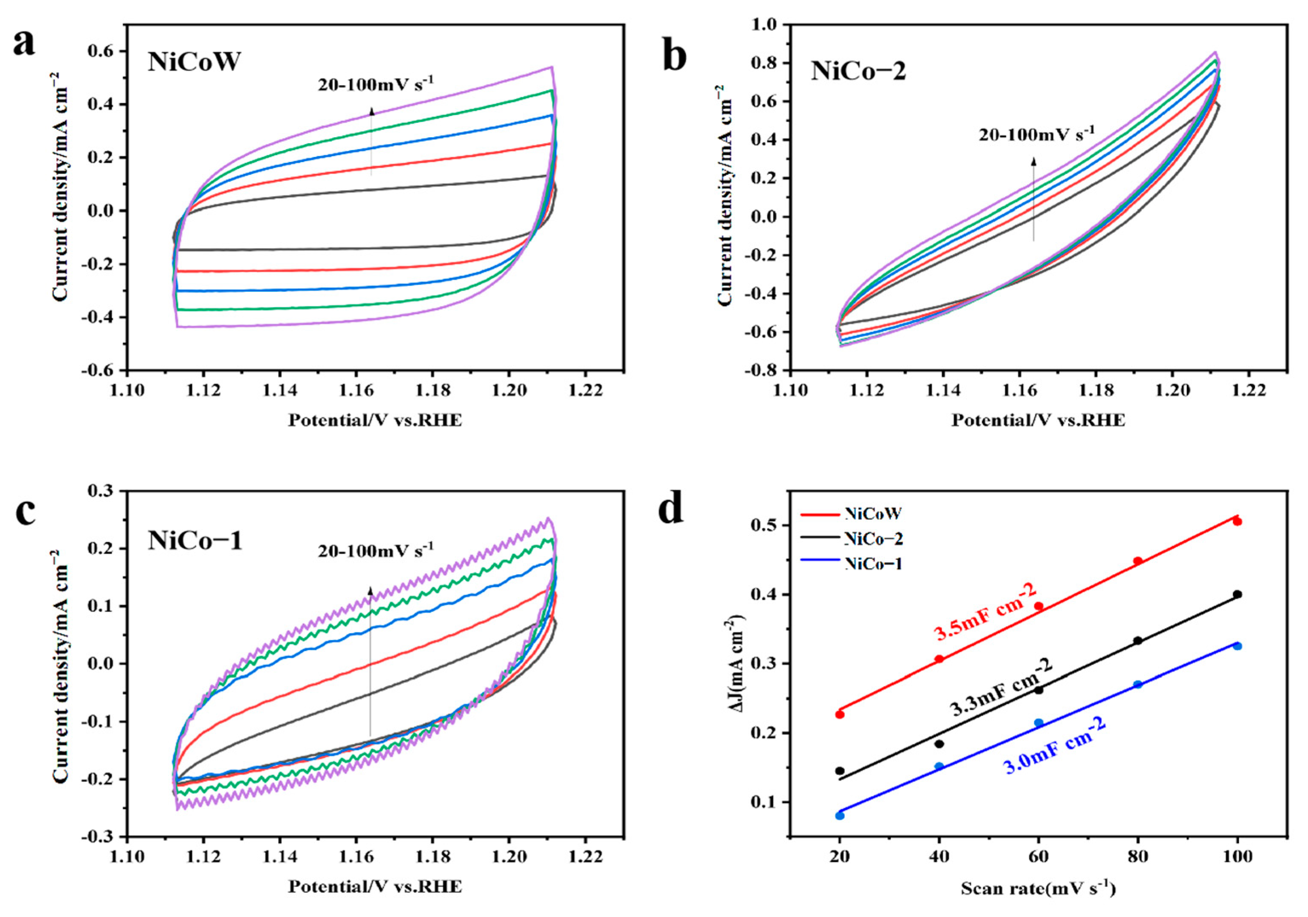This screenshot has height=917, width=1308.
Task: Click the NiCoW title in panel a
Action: pos(194,61)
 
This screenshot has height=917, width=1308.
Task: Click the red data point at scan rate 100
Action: pos(1237,521)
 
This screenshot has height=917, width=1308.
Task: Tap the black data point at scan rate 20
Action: pos(840,771)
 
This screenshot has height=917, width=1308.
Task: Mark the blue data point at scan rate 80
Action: pos(1138,684)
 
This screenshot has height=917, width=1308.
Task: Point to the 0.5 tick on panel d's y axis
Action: pos(763,525)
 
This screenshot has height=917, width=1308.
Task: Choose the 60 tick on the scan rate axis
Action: pos(1038,856)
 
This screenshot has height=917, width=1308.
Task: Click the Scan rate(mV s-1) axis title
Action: pos(1038,888)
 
